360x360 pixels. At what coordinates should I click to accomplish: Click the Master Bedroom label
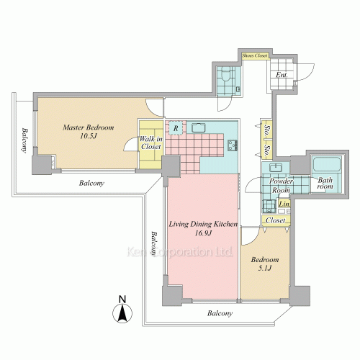tap(89, 127)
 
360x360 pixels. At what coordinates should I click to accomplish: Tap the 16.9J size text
tap(203, 233)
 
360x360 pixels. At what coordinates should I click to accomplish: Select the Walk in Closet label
tap(151, 143)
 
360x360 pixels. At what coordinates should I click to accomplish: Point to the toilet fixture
tap(225, 73)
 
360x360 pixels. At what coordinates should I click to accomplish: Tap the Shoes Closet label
tap(255, 55)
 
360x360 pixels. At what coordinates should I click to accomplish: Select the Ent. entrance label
tap(282, 75)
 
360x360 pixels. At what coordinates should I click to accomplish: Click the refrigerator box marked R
tap(176, 128)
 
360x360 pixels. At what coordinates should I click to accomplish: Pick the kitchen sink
tap(199, 127)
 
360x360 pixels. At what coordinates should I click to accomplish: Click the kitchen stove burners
tap(233, 145)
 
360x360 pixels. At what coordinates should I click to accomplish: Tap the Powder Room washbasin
tap(276, 167)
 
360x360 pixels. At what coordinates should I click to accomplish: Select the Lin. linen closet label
tap(284, 204)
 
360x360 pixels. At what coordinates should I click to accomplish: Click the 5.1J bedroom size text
tap(265, 268)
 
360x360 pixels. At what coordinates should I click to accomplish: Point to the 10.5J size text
tap(89, 136)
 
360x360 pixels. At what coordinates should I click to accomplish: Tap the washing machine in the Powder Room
tap(269, 207)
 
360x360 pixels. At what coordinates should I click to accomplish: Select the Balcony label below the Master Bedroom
tap(91, 183)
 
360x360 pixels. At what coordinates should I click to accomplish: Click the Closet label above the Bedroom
tap(276, 220)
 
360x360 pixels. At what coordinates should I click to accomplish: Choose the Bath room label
tap(325, 183)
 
